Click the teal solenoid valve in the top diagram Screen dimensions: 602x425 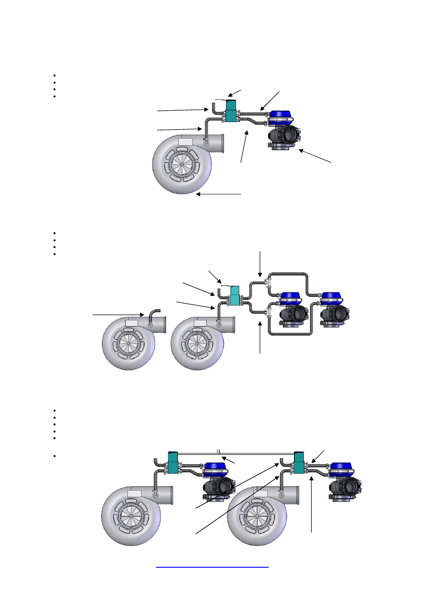(x=231, y=111)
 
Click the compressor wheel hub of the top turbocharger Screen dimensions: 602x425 (x=182, y=165)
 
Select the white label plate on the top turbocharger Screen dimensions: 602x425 (x=185, y=142)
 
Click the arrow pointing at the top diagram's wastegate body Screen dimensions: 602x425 (x=315, y=156)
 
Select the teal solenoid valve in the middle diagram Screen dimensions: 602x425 (x=235, y=295)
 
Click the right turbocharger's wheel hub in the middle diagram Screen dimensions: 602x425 (x=197, y=344)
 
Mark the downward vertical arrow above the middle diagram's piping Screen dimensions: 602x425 (x=260, y=264)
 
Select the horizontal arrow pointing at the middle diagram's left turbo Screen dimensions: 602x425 (x=119, y=315)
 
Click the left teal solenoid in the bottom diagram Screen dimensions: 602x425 (x=173, y=463)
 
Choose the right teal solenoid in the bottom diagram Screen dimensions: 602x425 (x=299, y=463)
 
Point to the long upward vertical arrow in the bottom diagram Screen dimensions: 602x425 (x=311, y=504)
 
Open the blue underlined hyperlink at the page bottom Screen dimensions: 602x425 (x=212, y=567)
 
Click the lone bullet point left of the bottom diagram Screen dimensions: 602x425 (x=54, y=456)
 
